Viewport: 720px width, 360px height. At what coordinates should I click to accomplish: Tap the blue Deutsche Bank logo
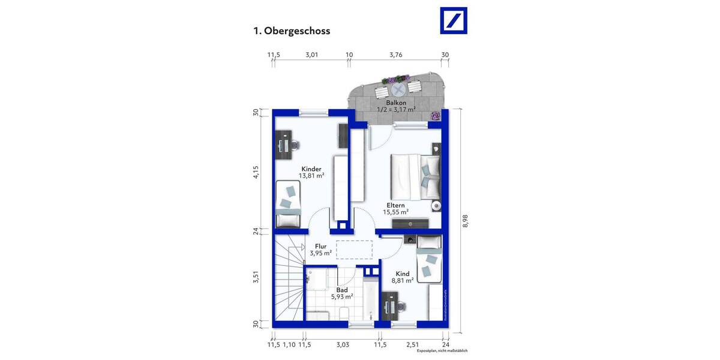click(454, 21)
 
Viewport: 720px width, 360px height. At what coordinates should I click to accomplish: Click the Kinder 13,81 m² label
click(311, 172)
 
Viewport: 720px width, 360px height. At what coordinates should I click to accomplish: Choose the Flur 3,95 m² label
click(320, 250)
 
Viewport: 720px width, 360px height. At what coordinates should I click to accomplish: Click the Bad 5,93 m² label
click(341, 293)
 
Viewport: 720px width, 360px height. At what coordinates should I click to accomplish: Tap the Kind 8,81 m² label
click(402, 277)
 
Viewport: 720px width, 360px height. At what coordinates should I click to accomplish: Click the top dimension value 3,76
click(395, 55)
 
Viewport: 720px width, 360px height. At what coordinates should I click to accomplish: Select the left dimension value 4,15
click(256, 172)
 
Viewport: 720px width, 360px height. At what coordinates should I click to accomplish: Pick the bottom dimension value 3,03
click(342, 344)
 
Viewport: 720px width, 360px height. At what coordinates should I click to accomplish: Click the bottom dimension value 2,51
click(412, 344)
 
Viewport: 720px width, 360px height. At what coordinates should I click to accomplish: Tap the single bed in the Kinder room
click(289, 205)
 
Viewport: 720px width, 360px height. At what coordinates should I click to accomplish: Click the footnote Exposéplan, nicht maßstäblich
click(442, 351)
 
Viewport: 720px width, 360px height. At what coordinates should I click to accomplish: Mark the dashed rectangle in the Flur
click(355, 249)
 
